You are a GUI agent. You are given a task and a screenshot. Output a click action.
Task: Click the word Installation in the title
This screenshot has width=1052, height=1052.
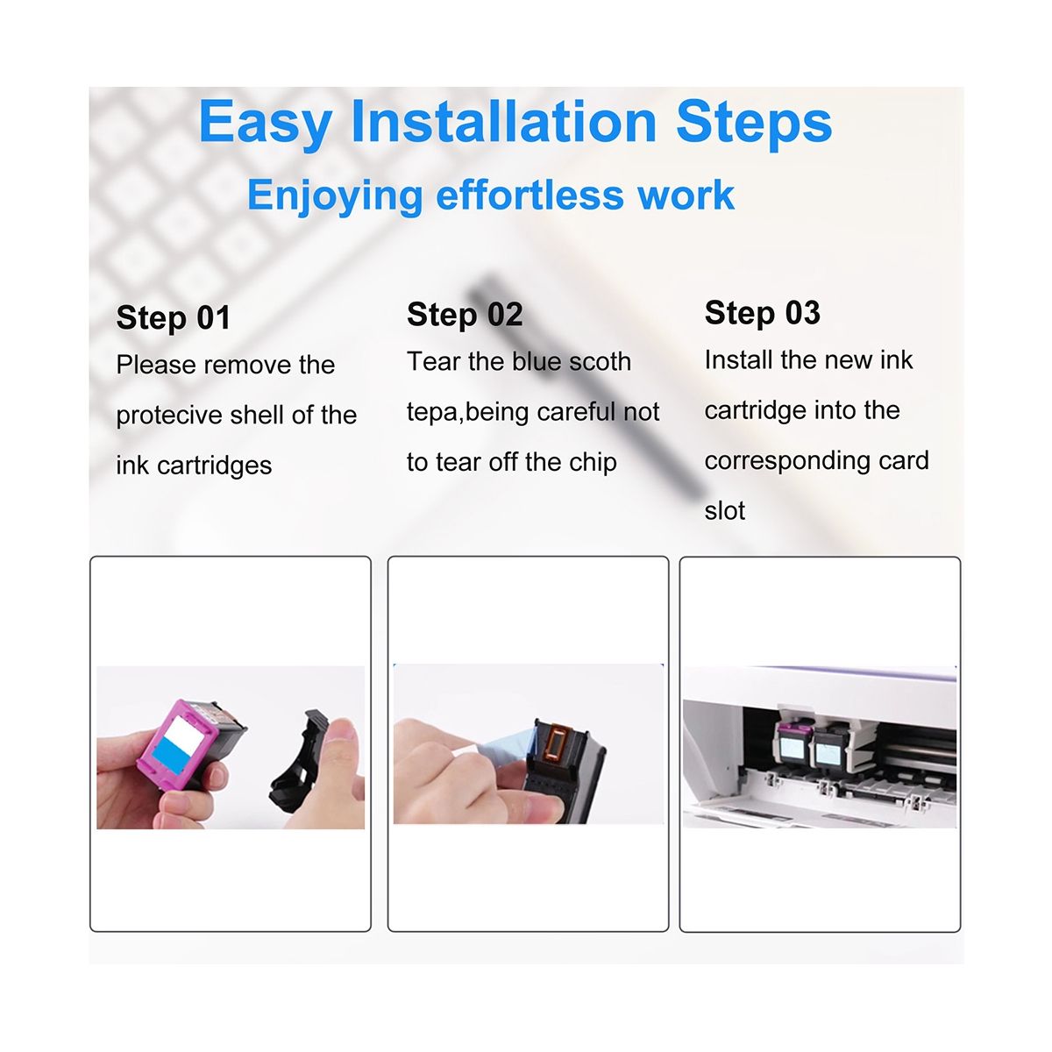pos(503,122)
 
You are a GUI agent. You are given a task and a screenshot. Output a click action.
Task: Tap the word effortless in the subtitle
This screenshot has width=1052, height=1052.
pos(530,195)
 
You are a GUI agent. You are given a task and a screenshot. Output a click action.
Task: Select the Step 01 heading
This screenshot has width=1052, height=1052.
pos(174,317)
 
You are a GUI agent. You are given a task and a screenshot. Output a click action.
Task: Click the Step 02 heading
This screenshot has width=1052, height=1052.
pos(465,315)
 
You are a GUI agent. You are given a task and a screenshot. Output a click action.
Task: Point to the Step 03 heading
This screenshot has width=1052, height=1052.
pos(762,313)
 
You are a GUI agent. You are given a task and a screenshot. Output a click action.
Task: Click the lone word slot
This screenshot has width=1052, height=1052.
pos(724,511)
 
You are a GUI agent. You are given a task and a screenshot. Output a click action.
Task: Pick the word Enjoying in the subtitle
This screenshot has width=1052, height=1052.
pos(335,196)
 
